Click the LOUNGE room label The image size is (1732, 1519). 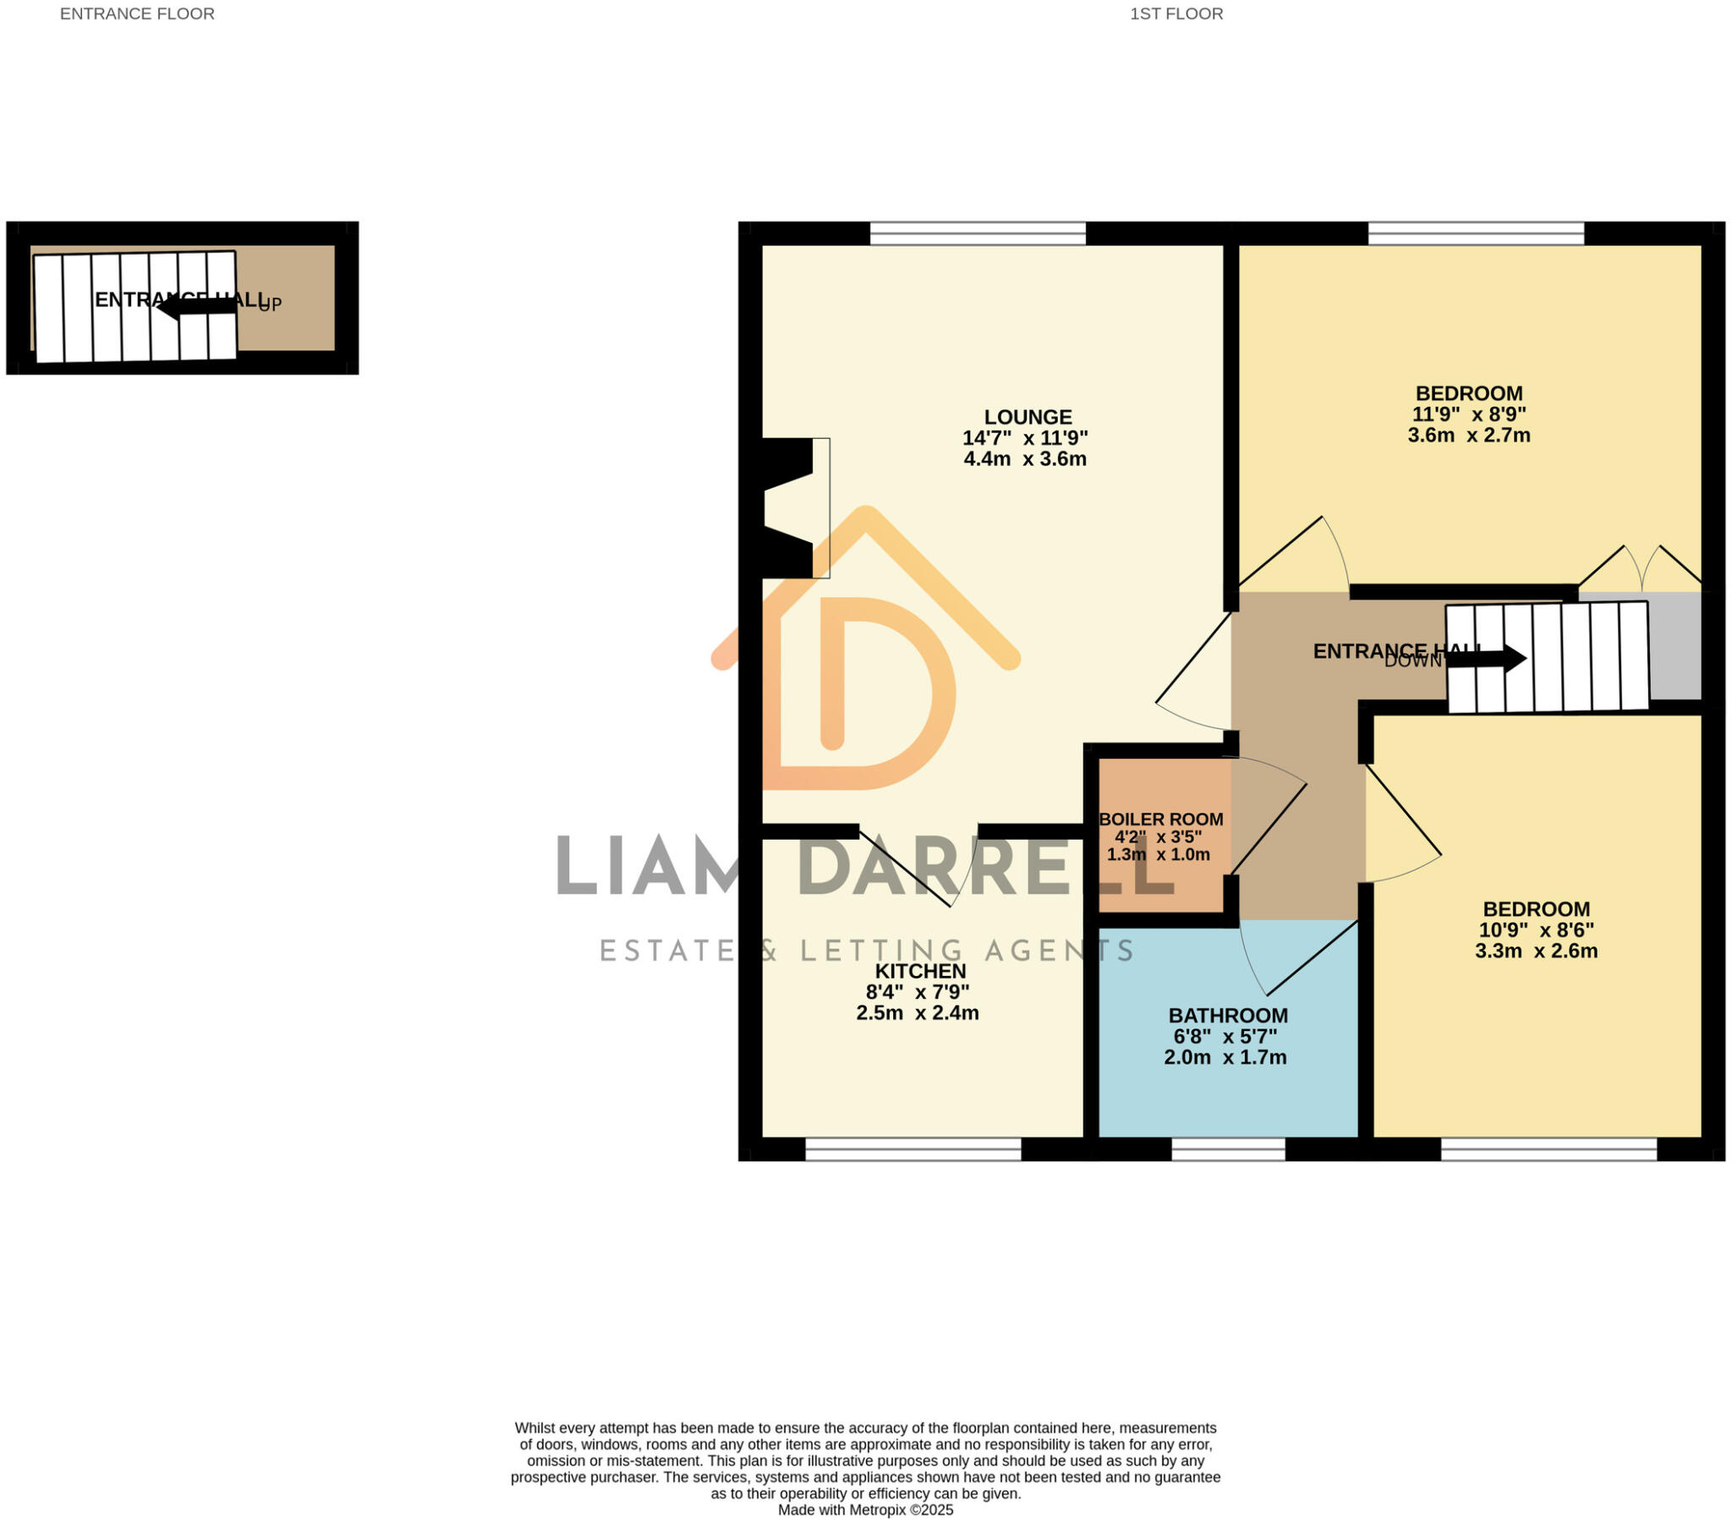tap(1027, 417)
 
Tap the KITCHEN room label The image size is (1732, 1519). tap(920, 972)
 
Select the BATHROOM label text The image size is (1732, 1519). tap(1228, 1016)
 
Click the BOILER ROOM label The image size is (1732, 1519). tap(1160, 820)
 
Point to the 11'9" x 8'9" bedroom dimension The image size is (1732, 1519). tap(1468, 414)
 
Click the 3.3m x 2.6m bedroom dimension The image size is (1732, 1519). tap(1536, 951)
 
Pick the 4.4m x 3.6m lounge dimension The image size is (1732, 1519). tap(1024, 459)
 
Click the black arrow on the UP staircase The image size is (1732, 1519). tap(195, 310)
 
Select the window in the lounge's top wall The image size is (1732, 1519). tap(977, 233)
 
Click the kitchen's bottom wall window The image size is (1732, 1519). tap(913, 1149)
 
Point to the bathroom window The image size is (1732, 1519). tap(1228, 1149)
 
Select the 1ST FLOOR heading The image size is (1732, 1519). tap(1176, 14)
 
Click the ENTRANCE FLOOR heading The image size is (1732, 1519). tap(137, 14)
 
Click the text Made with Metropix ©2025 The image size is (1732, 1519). tap(865, 1510)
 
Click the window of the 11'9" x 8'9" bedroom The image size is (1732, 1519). tap(1475, 233)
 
